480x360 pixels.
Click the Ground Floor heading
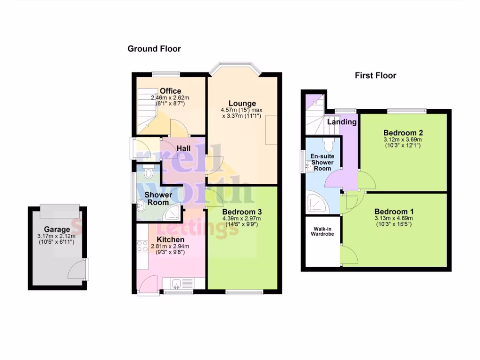tap(154, 49)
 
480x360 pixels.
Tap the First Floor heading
tap(375, 75)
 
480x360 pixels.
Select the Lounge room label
tap(242, 104)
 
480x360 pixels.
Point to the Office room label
tap(170, 91)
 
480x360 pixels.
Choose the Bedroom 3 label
tap(241, 211)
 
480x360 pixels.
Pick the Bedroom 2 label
tap(402, 133)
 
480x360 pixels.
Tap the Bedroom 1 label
tap(394, 211)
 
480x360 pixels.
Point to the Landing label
tap(342, 122)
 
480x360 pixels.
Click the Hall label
tap(183, 148)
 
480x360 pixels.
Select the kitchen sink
tap(177, 283)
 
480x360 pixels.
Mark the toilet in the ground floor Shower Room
tap(149, 173)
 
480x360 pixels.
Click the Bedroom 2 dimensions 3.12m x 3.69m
tap(402, 139)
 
